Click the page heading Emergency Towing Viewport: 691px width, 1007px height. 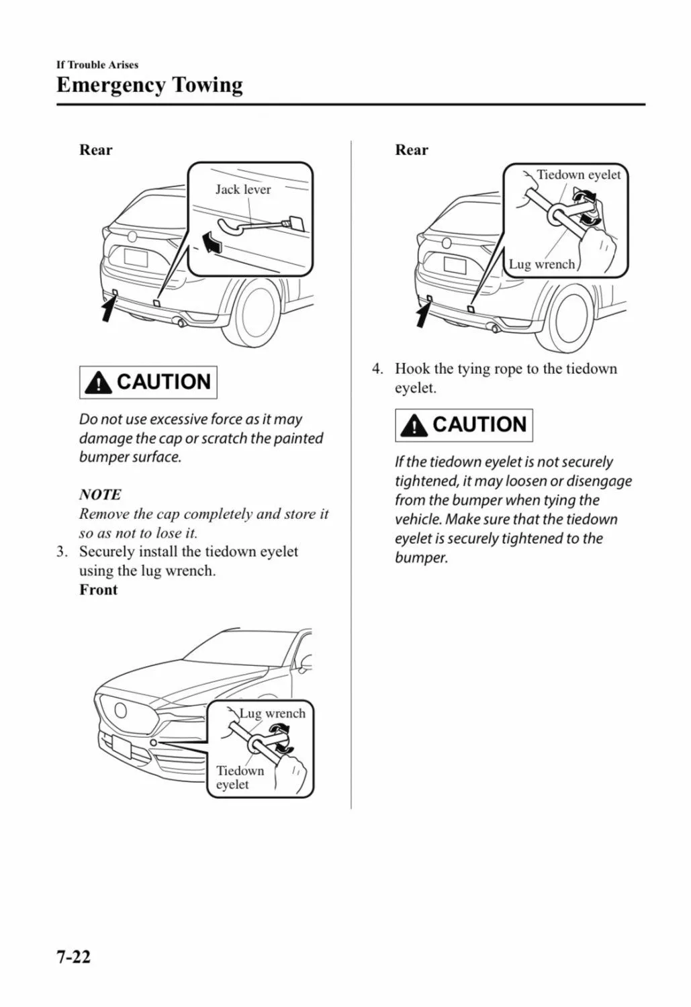(149, 85)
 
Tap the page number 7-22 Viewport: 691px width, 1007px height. (73, 956)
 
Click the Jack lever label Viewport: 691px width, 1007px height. (242, 189)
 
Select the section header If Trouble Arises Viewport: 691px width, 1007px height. (97, 64)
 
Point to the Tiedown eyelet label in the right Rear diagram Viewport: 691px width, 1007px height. (578, 175)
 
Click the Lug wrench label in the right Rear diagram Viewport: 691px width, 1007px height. (541, 264)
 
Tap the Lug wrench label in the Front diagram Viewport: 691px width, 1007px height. (272, 713)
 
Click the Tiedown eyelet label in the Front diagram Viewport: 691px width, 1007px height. (240, 777)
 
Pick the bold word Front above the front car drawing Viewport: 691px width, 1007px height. (98, 589)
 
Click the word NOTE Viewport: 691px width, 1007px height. (100, 495)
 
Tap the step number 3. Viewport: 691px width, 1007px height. (62, 552)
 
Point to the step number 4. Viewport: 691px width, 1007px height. (378, 369)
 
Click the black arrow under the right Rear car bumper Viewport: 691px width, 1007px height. (423, 314)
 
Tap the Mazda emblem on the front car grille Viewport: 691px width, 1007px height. (122, 710)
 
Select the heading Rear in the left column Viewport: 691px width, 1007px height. (95, 150)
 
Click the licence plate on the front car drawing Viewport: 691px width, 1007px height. (123, 746)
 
